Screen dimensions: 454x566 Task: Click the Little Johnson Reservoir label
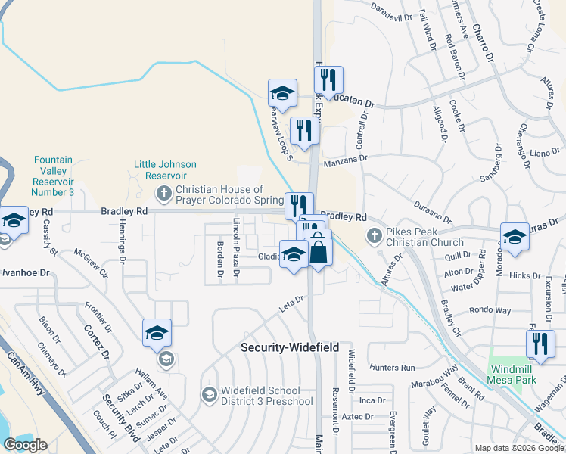(x=165, y=169)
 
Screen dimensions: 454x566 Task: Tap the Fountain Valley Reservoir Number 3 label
(x=53, y=176)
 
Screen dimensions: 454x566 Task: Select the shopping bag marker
(x=319, y=250)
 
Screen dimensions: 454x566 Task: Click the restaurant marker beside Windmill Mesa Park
(x=540, y=344)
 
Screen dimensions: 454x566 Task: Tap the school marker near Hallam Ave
(x=157, y=333)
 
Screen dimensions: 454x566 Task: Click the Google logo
(x=25, y=445)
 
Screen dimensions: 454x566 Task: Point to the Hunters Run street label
(x=393, y=367)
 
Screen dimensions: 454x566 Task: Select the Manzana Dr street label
(x=344, y=160)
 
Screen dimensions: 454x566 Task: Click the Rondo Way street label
(x=490, y=310)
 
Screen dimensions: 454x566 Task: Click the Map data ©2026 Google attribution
(x=518, y=448)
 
